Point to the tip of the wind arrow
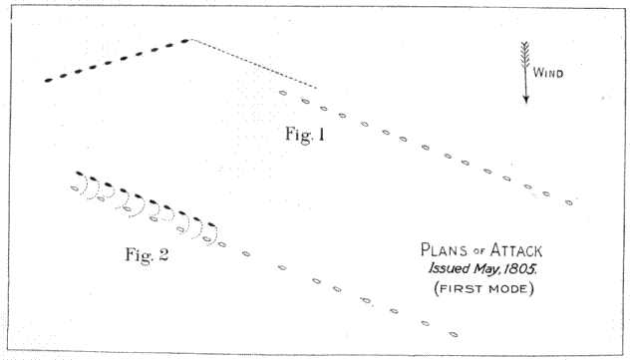[x=526, y=102]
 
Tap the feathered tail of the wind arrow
[x=526, y=52]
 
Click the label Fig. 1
[x=306, y=136]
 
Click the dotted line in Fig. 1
[x=254, y=64]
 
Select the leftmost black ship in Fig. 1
[x=49, y=79]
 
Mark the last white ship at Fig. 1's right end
[x=568, y=202]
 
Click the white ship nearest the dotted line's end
[x=283, y=93]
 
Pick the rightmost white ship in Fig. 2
[x=454, y=333]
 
